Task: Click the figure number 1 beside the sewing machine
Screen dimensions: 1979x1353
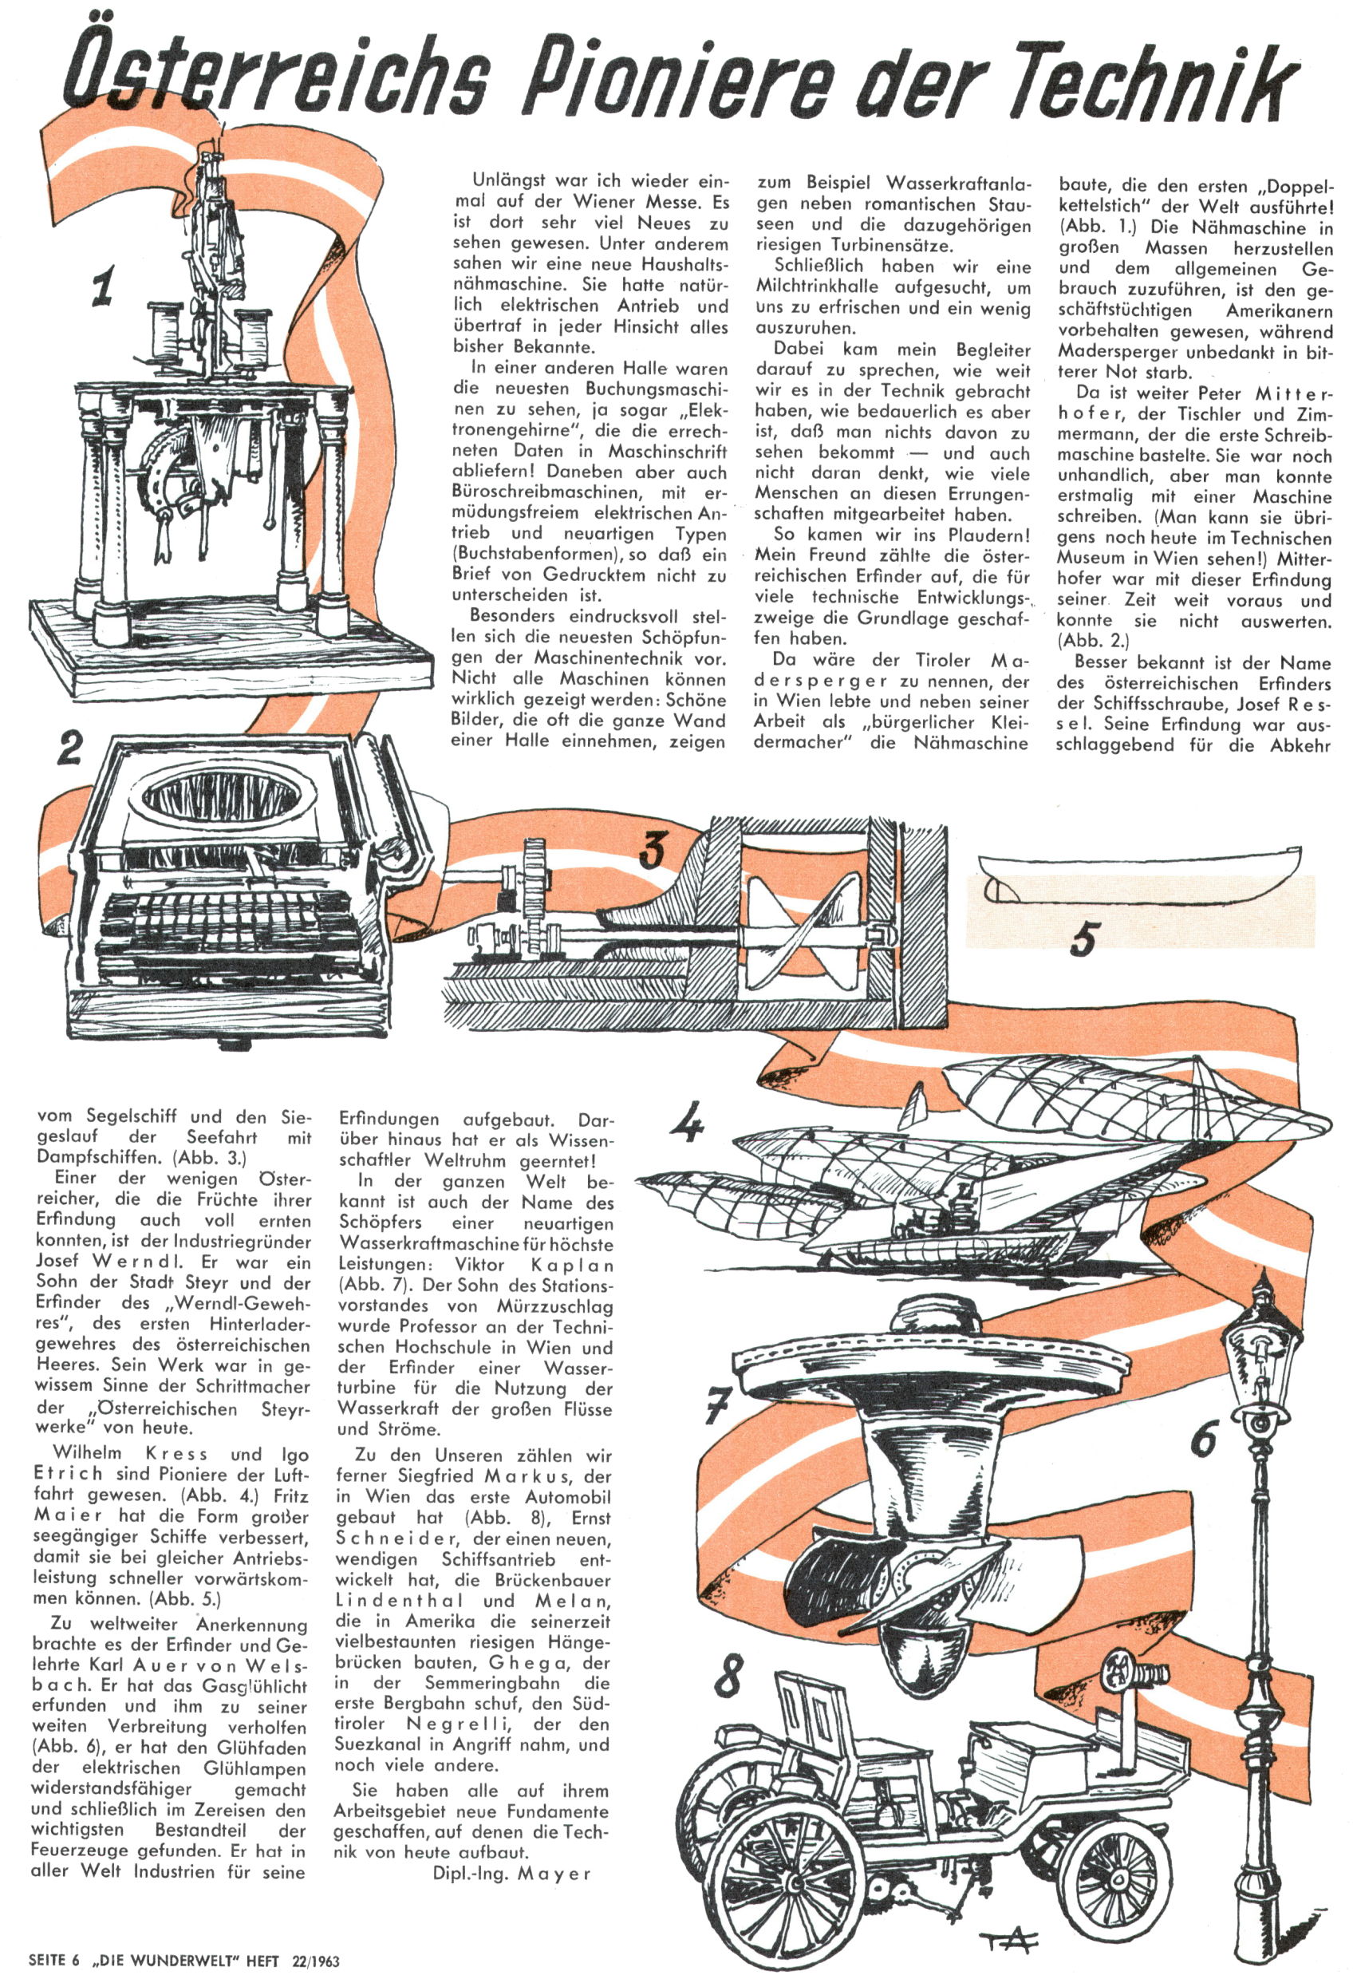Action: click(x=103, y=287)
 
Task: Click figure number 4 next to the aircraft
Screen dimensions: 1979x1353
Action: click(x=687, y=1124)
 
